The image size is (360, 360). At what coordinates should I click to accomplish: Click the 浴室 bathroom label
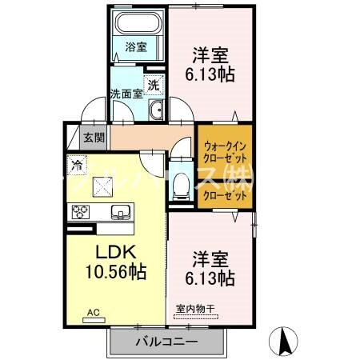(x=136, y=47)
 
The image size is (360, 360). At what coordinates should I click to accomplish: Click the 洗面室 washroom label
(x=126, y=94)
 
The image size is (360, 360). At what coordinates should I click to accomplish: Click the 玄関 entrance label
(x=94, y=138)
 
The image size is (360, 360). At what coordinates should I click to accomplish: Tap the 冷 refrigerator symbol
(x=76, y=166)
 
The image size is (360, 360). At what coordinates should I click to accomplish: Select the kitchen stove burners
(x=82, y=212)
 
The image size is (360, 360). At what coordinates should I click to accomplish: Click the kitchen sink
(x=120, y=212)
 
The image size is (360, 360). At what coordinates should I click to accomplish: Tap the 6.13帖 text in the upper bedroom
(x=210, y=76)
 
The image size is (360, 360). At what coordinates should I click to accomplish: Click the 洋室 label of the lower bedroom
(x=210, y=259)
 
